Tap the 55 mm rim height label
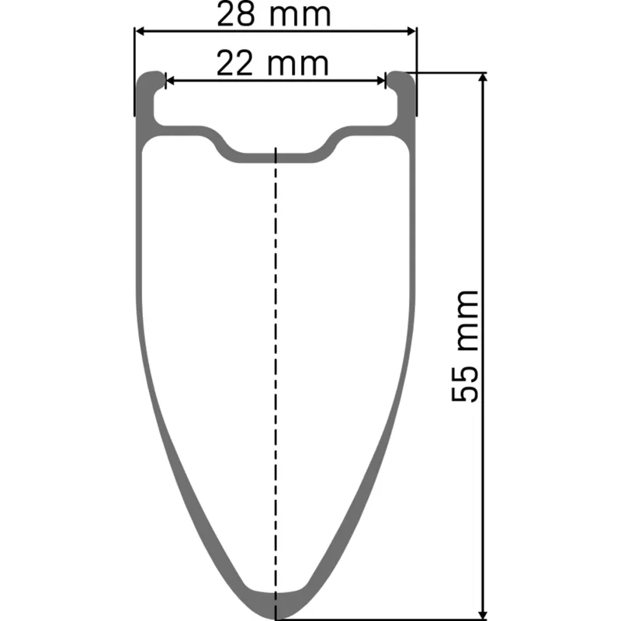[x=466, y=345]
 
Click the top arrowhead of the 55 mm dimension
[x=484, y=78]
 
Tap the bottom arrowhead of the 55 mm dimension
[x=484, y=615]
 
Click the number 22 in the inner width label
[x=234, y=64]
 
